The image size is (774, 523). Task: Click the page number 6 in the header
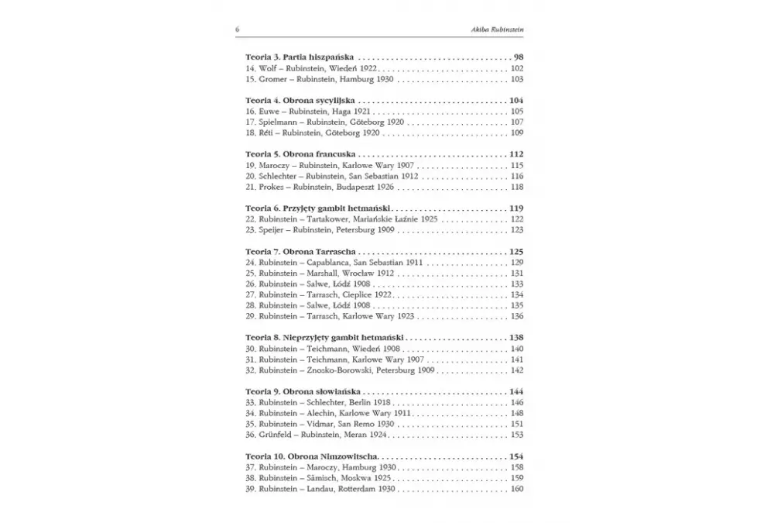(238, 29)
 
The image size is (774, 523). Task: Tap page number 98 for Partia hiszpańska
(518, 57)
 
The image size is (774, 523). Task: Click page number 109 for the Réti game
(517, 133)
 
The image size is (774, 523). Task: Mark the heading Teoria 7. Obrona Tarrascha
(300, 253)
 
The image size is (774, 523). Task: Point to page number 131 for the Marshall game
(517, 274)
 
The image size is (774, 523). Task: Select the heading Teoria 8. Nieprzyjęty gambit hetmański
(324, 339)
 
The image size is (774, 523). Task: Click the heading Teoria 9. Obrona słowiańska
(303, 393)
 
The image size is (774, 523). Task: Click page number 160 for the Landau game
(517, 490)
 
